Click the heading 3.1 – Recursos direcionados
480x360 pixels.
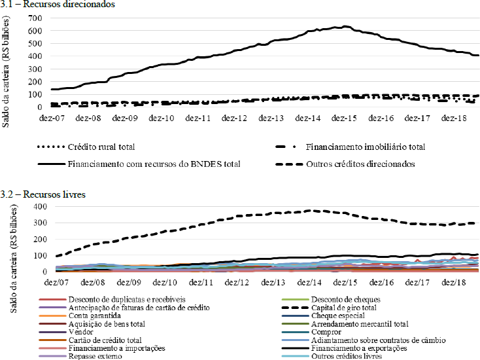coord(50,5)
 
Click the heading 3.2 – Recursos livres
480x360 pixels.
coord(40,195)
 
